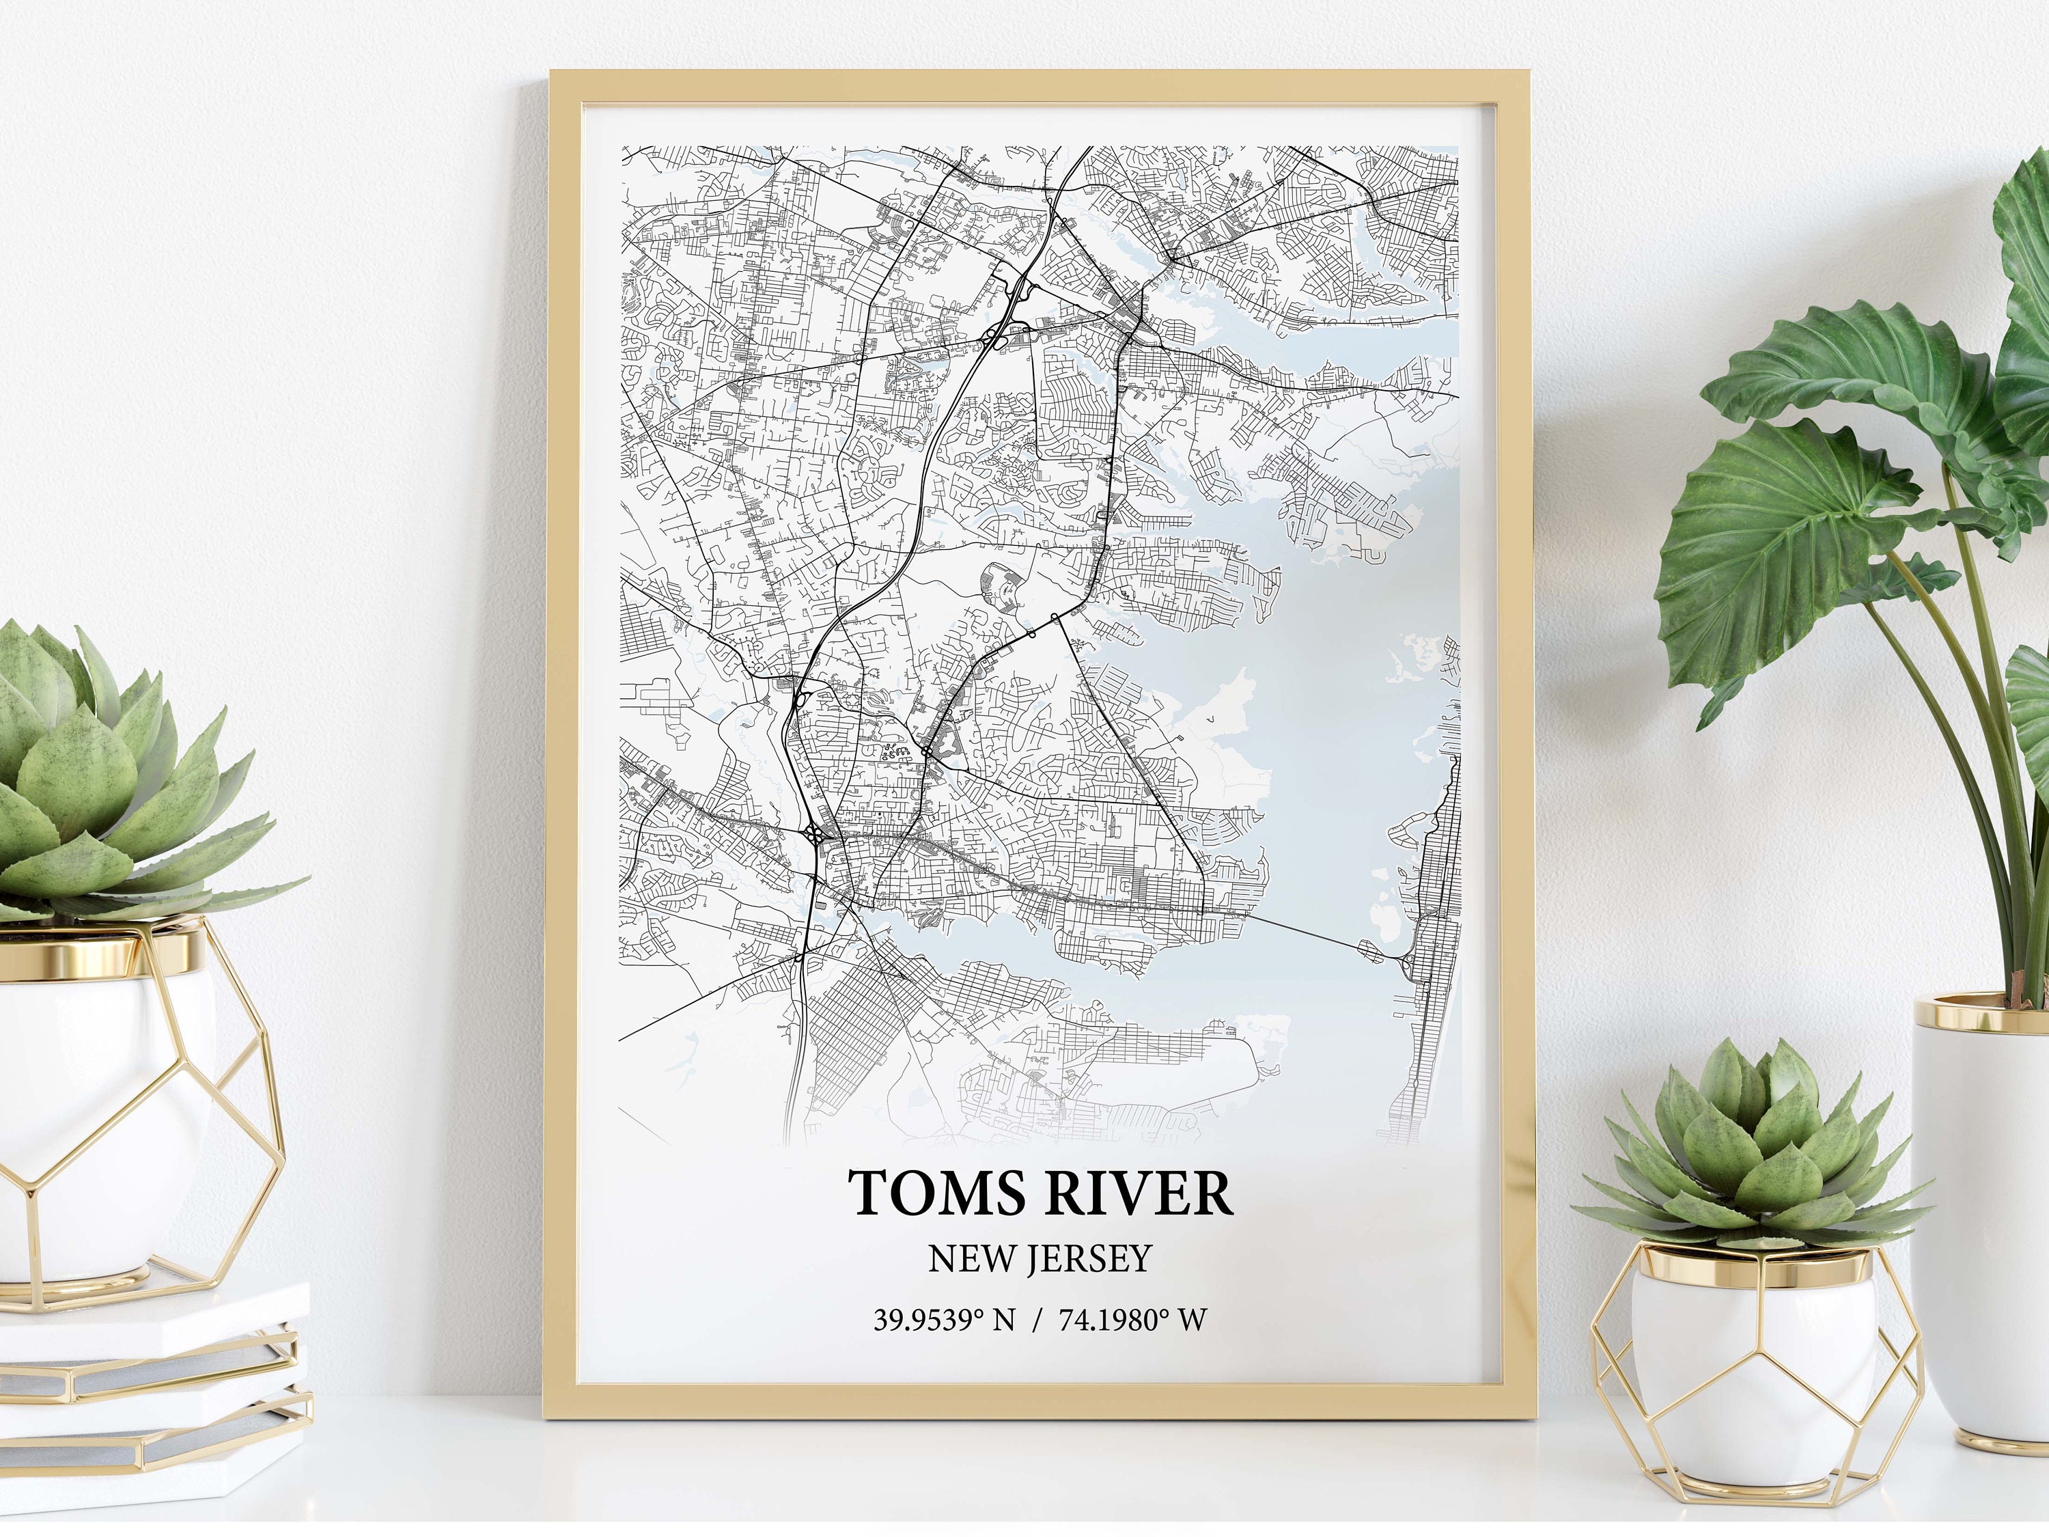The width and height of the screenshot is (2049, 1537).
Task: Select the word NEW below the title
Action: click(970, 1257)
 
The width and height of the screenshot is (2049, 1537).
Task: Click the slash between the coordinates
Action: click(1040, 1319)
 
